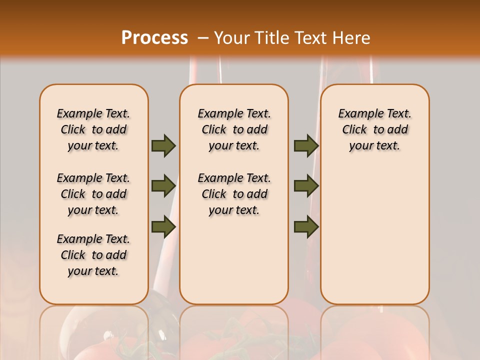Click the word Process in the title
click(154, 37)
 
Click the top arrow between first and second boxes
click(163, 145)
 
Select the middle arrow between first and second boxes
click(163, 185)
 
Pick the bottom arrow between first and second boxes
click(163, 226)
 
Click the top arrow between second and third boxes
click(306, 145)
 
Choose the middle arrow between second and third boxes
click(306, 185)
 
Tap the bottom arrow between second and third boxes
click(306, 226)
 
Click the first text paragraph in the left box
click(93, 129)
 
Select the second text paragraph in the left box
click(93, 194)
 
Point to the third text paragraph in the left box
click(93, 255)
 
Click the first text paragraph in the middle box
click(234, 129)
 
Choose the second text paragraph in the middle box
click(234, 194)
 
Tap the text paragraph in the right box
click(374, 129)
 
